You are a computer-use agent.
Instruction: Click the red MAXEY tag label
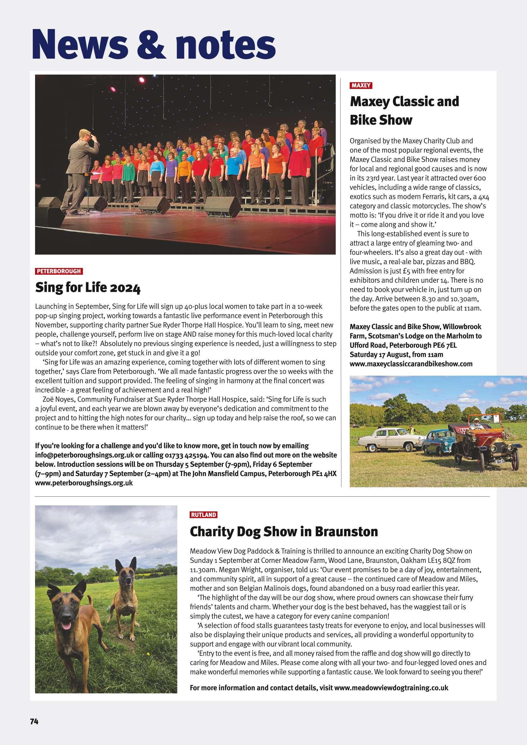pyautogui.click(x=361, y=86)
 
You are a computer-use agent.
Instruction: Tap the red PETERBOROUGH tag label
pyautogui.click(x=59, y=271)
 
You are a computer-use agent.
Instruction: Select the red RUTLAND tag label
pyautogui.click(x=203, y=515)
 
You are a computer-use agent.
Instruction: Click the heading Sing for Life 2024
pyautogui.click(x=88, y=288)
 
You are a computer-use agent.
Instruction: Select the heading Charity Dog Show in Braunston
pyautogui.click(x=284, y=532)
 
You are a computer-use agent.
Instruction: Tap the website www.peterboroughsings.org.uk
pyautogui.click(x=84, y=483)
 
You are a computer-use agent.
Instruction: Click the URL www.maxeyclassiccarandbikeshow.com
pyautogui.click(x=411, y=364)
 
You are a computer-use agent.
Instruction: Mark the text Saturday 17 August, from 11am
pyautogui.click(x=396, y=355)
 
